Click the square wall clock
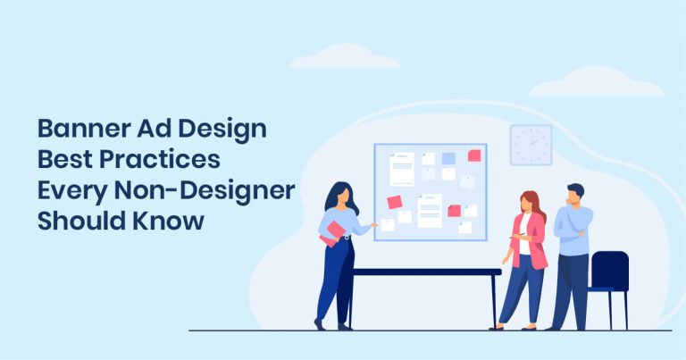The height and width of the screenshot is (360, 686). click(x=531, y=145)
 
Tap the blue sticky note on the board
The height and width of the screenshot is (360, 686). click(x=448, y=158)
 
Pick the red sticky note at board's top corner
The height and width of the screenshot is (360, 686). click(x=474, y=155)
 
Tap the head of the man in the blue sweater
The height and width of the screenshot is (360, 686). click(x=575, y=194)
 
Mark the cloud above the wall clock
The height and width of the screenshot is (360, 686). click(x=595, y=82)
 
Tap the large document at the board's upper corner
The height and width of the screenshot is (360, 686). click(x=402, y=168)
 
